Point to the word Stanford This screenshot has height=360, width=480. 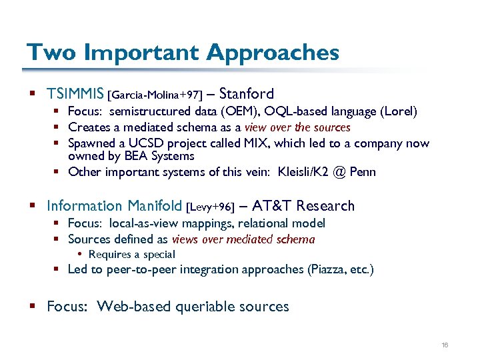coord(246,94)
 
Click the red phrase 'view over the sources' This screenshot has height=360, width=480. coord(297,127)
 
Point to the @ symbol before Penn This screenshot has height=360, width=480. coord(339,172)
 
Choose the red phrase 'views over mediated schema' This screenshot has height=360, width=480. coord(243,239)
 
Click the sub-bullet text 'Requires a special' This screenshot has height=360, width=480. coord(131,254)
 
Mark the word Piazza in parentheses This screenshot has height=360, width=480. coord(329,269)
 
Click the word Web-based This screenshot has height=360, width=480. coord(133,307)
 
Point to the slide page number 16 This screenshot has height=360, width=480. coord(444,345)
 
